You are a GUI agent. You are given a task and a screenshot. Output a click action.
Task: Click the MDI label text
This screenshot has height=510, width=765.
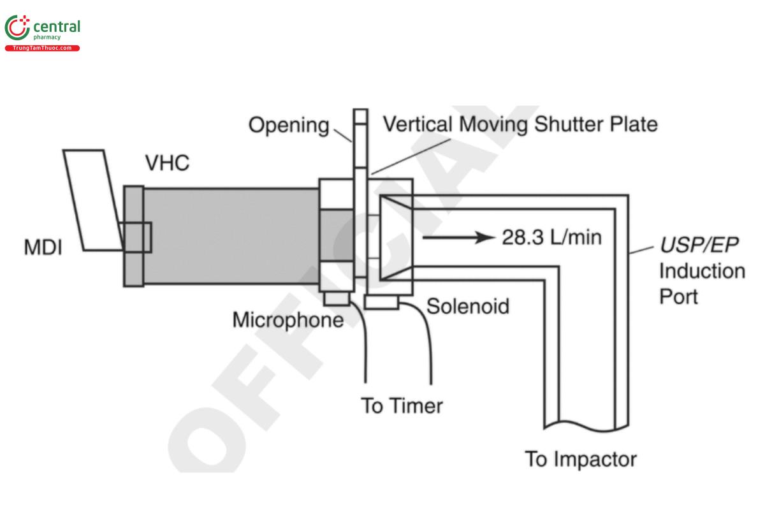[x=43, y=247]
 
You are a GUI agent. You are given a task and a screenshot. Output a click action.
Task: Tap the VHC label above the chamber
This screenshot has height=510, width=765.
[x=167, y=163]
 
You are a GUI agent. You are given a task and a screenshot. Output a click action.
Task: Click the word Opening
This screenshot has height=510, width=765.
[x=288, y=125]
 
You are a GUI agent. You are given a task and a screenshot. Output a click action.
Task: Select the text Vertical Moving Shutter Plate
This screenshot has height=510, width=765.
[x=520, y=124]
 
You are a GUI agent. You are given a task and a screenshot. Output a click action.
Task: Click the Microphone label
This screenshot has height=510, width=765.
[x=288, y=319]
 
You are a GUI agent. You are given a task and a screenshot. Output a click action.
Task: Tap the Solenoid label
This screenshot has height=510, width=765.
[x=468, y=306]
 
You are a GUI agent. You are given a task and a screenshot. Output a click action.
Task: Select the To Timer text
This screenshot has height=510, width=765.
[x=402, y=405]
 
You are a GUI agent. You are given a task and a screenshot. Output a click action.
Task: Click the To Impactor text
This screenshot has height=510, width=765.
[x=580, y=458]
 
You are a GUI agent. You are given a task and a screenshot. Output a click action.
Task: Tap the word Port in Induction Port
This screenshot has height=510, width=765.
[x=678, y=296]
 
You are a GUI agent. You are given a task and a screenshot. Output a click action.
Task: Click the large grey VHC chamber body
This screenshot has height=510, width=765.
[x=229, y=236]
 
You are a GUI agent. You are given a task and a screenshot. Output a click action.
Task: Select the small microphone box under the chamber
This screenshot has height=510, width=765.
[x=336, y=298]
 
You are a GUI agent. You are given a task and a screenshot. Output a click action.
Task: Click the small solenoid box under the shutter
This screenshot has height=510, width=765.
[x=382, y=302]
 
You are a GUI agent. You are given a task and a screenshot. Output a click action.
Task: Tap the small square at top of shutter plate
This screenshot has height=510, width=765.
[x=361, y=116]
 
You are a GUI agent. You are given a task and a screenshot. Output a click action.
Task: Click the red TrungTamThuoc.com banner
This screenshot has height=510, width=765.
[x=42, y=48]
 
